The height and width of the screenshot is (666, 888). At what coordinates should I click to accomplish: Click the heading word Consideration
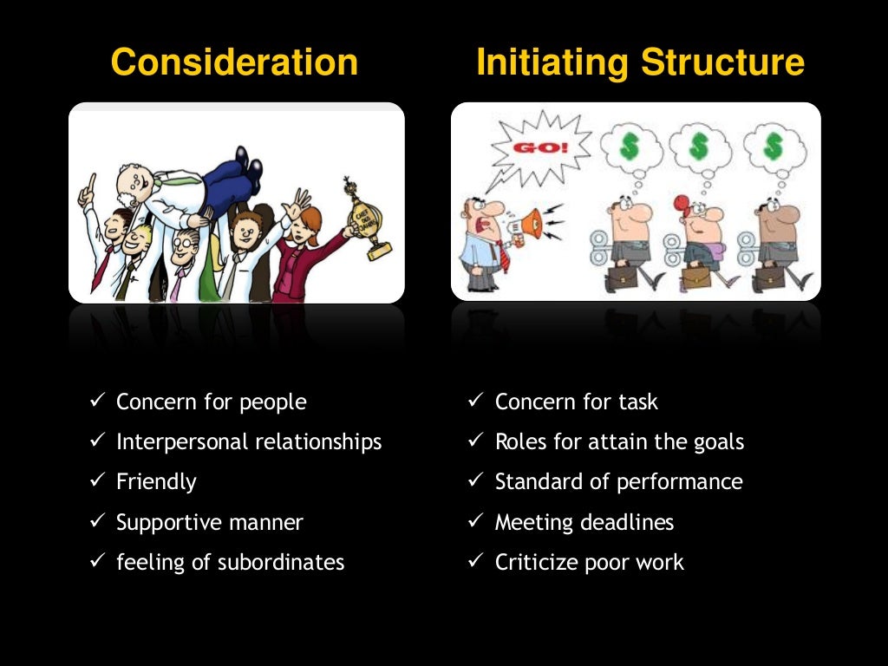[x=234, y=63]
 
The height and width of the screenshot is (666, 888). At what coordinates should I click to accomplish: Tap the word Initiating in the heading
[x=554, y=63]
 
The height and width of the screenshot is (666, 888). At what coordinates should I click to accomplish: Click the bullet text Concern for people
[x=211, y=402]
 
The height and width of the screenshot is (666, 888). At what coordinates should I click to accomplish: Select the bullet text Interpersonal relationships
[x=249, y=442]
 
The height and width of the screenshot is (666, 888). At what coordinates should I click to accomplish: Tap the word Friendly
[x=156, y=482]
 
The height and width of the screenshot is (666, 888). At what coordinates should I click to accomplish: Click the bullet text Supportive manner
[x=209, y=522]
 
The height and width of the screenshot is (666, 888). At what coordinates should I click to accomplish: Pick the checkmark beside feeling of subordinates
[x=97, y=562]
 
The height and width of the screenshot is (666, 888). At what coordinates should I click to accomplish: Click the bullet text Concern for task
[x=576, y=402]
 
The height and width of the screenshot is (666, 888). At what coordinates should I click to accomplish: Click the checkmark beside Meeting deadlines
[x=474, y=522]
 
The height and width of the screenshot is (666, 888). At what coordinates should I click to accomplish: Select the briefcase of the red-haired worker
[x=695, y=277]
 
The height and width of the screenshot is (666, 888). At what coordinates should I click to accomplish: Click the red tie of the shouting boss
[x=499, y=256]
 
